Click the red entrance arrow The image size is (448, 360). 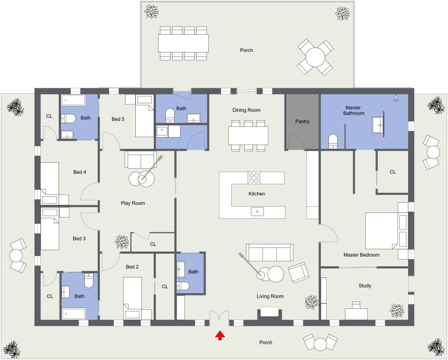point(220,335)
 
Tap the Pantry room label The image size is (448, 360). point(302,121)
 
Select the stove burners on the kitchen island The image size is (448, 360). point(254,178)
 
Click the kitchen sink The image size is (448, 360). point(257,211)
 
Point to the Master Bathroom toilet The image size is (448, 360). point(333,142)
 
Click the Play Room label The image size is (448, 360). point(133,203)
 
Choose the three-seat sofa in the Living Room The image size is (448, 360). point(270,253)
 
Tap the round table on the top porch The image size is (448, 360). point(315,57)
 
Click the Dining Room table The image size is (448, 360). point(248,135)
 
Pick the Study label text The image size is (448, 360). point(365,286)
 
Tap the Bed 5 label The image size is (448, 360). point(118,119)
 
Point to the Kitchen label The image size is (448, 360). point(257,194)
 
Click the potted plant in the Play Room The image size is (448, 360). point(121,242)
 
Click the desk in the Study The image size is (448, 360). point(356,313)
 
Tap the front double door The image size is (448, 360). point(220,317)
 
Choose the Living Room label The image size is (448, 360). point(270,296)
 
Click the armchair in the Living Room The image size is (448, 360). point(298,272)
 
